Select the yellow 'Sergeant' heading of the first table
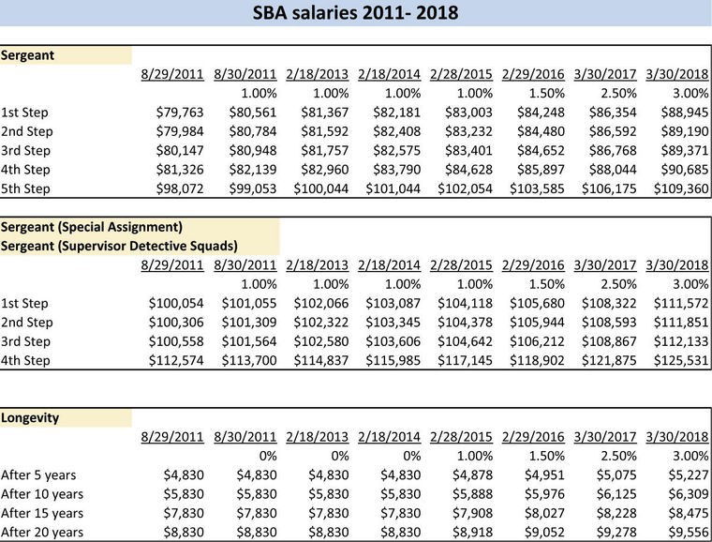point(27,55)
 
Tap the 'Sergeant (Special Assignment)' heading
point(91,227)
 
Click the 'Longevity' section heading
point(30,417)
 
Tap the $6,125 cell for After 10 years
point(613,494)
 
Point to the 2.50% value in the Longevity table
point(616,456)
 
